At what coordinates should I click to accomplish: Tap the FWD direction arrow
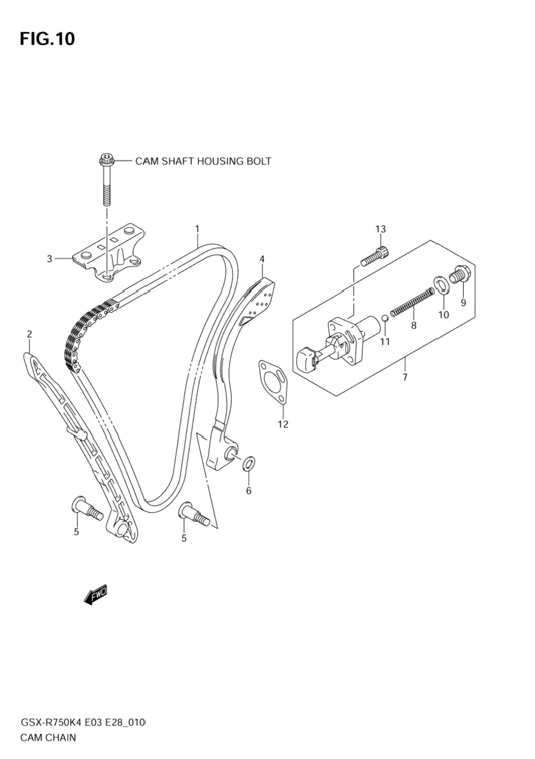[x=94, y=595]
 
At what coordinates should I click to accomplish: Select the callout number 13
[x=380, y=229]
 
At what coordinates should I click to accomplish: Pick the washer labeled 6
[x=249, y=465]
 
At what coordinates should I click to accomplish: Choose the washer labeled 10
[x=442, y=285]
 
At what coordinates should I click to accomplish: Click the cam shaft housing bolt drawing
[x=106, y=178]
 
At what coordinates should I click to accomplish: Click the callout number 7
[x=404, y=377]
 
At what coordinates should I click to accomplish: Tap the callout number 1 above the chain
[x=197, y=228]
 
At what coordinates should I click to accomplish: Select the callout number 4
[x=262, y=259]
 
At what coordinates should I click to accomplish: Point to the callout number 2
[x=29, y=335]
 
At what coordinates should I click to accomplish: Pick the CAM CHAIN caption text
[x=48, y=737]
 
